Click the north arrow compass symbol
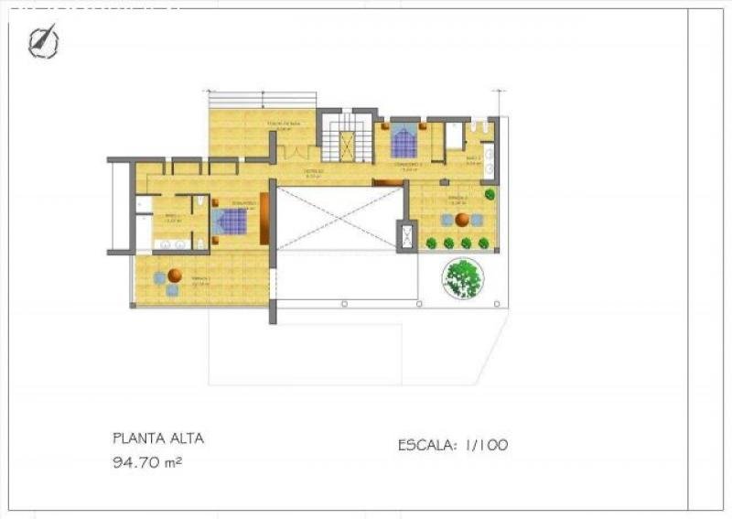(43, 41)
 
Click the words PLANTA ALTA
(158, 438)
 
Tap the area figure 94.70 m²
(146, 463)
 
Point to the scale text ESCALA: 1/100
(453, 446)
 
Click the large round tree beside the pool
(463, 277)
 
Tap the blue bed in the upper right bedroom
(404, 142)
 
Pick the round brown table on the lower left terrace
(175, 276)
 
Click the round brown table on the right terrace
(463, 220)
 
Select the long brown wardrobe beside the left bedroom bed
(264, 219)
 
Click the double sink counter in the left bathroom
(172, 244)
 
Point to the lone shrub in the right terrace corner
(490, 194)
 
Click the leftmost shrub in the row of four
(431, 243)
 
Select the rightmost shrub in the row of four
(484, 243)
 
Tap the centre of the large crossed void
(339, 219)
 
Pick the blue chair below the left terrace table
(172, 290)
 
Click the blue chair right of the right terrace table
(478, 220)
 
